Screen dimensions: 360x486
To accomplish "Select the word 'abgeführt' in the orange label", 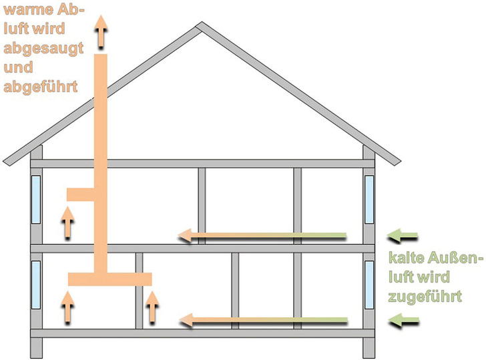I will (40, 86).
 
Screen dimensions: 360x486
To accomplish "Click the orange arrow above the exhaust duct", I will (101, 31).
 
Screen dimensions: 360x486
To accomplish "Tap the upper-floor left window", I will (36, 199).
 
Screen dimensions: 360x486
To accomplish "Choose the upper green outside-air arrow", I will (404, 235).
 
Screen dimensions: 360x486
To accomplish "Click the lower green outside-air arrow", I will (404, 322).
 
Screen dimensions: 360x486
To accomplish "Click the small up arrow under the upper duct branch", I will (67, 223).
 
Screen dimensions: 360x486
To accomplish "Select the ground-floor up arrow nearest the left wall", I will (67, 307).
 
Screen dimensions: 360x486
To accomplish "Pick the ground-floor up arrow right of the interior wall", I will (153, 307).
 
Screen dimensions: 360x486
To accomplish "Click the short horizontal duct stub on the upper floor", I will (81, 194).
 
